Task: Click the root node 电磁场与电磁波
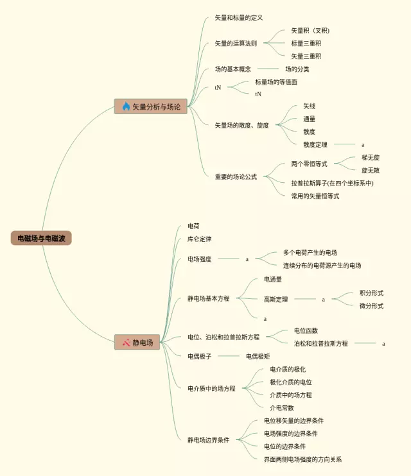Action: (x=41, y=238)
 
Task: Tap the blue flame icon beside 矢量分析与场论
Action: (x=126, y=106)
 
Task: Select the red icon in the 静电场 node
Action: (x=127, y=343)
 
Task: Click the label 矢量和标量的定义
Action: (x=239, y=18)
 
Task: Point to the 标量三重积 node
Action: (x=306, y=44)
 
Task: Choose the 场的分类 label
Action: (x=297, y=69)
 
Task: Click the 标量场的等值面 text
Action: (x=276, y=82)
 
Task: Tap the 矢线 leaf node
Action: (x=310, y=106)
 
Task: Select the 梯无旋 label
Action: (x=371, y=158)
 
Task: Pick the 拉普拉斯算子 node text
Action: (x=332, y=183)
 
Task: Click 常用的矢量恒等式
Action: (x=315, y=196)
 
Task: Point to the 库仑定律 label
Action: (x=200, y=239)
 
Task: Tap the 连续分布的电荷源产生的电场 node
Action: (x=322, y=266)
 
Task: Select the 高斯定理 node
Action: (x=276, y=299)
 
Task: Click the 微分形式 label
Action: (x=371, y=306)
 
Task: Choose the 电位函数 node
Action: (x=306, y=330)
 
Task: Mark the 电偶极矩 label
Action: (x=258, y=357)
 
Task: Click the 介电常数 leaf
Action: (x=282, y=407)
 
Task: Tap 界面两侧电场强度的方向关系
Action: (x=303, y=459)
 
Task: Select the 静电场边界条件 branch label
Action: (x=209, y=440)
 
